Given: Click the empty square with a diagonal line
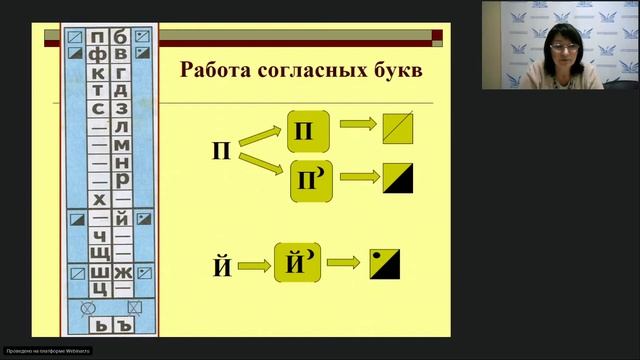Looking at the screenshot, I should coord(397,129).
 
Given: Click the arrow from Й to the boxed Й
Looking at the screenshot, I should coord(255,266).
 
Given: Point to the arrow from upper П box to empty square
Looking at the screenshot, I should coord(356,125).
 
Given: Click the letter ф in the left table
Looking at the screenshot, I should coord(98,56).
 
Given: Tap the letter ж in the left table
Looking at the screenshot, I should coord(122,272).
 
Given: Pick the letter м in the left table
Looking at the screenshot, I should coord(122,145).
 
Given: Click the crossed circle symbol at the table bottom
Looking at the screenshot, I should coord(87,308).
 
